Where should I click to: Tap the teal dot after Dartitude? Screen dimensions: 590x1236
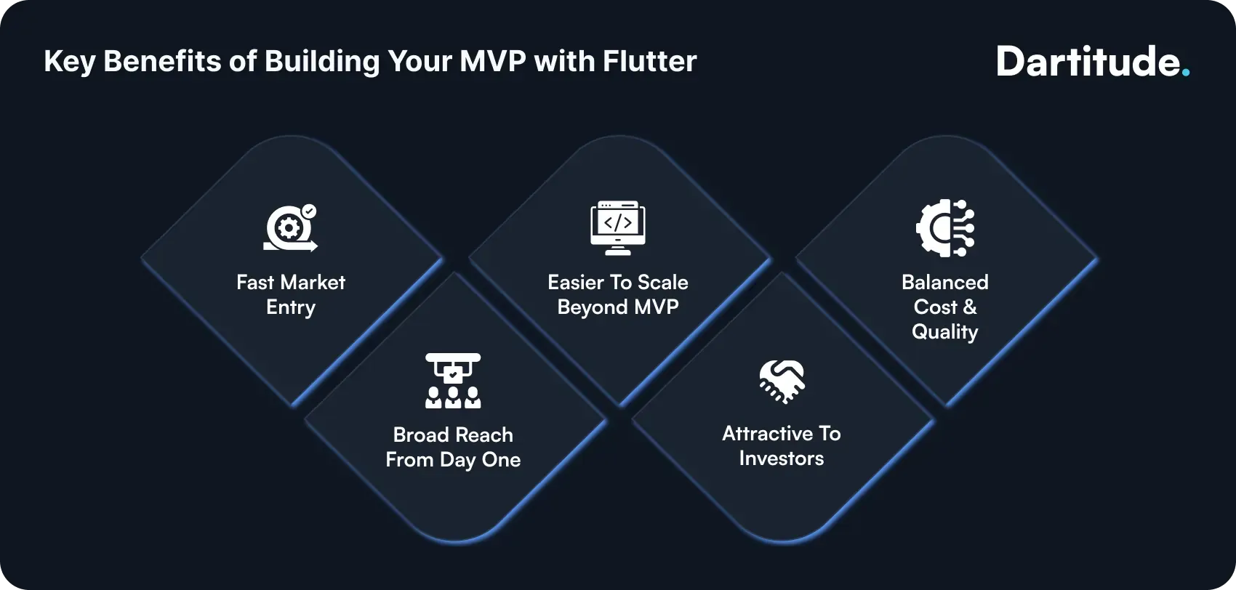coord(1186,73)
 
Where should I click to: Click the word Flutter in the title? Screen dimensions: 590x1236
coord(650,61)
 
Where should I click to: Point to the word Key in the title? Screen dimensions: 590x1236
coord(69,62)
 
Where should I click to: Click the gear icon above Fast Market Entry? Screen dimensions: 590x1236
coord(289,229)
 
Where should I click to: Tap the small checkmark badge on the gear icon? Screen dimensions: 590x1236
coord(309,211)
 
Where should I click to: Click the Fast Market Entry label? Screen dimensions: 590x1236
coord(291,294)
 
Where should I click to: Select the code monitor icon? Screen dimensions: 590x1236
coord(617,227)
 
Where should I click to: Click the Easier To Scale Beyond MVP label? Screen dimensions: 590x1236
coord(617,294)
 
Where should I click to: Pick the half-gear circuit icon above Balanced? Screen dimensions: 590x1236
coord(944,228)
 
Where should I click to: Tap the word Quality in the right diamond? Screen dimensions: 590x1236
coord(944,332)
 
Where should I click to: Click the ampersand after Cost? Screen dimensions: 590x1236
coord(969,307)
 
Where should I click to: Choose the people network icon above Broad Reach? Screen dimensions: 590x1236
coord(453,380)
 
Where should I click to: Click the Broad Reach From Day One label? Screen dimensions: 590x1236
coord(453,447)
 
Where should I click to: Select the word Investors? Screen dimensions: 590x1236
coord(782,458)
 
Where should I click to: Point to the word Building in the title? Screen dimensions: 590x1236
coord(321,62)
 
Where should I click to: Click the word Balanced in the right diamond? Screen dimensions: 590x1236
coord(944,282)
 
